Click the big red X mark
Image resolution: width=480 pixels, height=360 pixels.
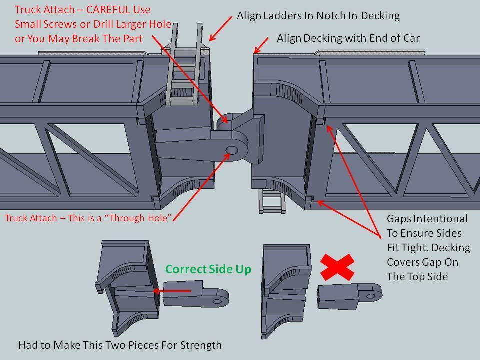[x=337, y=267]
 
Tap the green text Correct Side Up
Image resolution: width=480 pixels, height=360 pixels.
[x=208, y=269]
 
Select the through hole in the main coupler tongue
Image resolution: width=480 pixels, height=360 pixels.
[x=231, y=149]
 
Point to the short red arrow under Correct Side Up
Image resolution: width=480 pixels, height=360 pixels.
[x=172, y=290]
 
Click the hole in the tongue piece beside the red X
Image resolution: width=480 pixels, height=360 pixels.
[x=370, y=296]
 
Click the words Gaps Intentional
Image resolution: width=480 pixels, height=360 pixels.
[x=427, y=219]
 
